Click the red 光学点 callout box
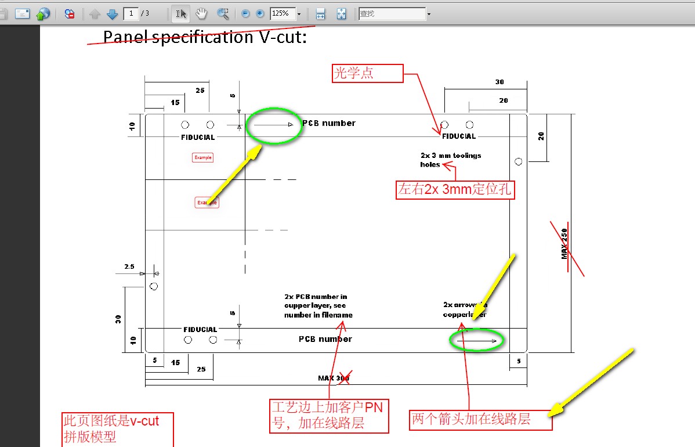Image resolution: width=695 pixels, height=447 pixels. click(367, 74)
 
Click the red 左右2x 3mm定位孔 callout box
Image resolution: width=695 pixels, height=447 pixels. click(455, 190)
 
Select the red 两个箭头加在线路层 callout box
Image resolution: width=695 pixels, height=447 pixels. click(481, 419)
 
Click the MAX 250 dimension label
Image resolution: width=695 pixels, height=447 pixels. click(564, 243)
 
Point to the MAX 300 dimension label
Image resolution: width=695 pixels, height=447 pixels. click(334, 378)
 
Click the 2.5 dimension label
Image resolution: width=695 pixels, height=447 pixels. click(129, 267)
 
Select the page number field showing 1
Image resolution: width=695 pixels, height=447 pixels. click(131, 13)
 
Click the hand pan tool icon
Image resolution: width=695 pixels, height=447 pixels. click(202, 13)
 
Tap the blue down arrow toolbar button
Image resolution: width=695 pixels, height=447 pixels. click(113, 13)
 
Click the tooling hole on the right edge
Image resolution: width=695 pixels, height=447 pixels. click(519, 161)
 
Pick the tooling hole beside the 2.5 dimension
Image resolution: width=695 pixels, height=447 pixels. click(154, 286)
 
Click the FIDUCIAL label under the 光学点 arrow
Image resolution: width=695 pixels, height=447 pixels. click(459, 136)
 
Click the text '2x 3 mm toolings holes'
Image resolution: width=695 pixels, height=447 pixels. click(450, 160)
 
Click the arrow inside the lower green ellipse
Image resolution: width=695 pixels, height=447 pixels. click(477, 341)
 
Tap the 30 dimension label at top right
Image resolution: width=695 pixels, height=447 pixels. click(499, 82)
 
